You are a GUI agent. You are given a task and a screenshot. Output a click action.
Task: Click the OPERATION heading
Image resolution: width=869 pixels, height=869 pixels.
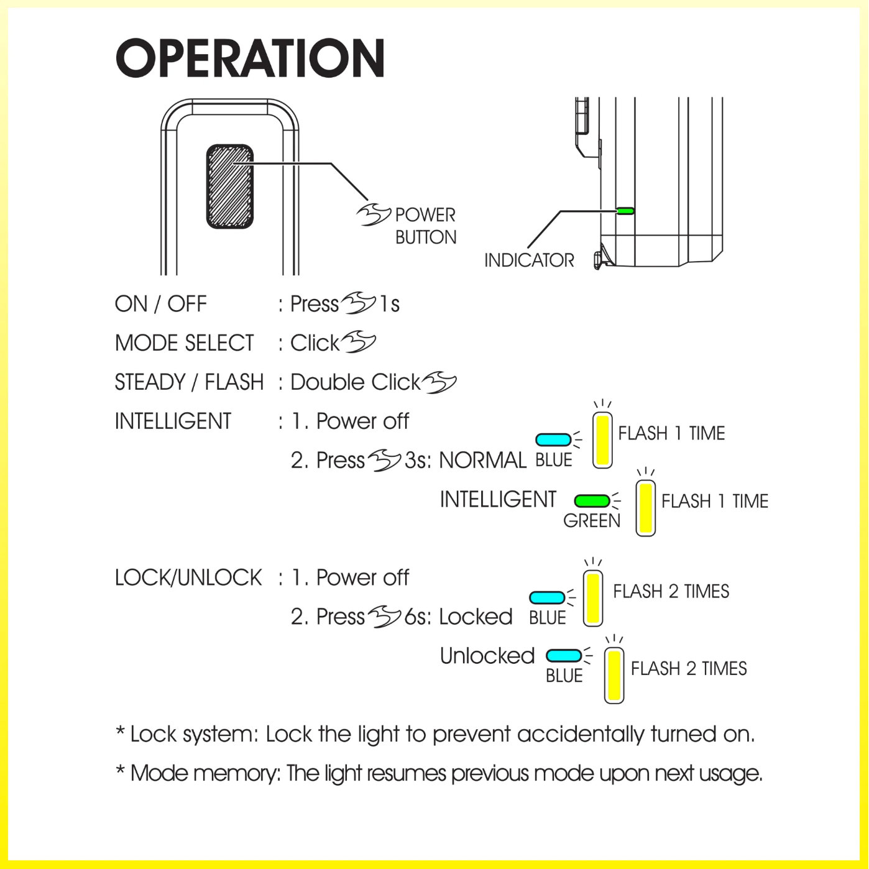click(x=250, y=58)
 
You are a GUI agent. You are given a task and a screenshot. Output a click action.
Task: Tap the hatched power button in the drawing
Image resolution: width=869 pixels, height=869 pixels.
click(x=230, y=186)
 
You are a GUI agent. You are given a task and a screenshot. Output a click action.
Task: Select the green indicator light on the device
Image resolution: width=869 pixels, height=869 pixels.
click(x=625, y=211)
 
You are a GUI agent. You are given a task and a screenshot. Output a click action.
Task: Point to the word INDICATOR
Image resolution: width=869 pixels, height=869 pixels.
click(x=529, y=260)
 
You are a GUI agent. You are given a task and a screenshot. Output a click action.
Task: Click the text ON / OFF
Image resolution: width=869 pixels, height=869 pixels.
click(x=160, y=304)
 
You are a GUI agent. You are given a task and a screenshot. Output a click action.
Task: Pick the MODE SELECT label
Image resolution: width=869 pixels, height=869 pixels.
click(x=185, y=343)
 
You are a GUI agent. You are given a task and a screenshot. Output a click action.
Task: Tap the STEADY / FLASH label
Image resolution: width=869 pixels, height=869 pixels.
click(x=189, y=382)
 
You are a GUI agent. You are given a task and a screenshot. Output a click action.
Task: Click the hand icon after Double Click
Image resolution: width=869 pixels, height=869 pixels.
click(x=439, y=382)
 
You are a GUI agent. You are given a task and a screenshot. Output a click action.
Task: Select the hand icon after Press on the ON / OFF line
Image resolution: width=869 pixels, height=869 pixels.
click(x=359, y=303)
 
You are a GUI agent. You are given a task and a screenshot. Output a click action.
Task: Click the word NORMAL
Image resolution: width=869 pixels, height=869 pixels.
click(x=482, y=461)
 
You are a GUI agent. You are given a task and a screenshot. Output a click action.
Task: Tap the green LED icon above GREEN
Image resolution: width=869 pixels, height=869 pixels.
click(x=592, y=501)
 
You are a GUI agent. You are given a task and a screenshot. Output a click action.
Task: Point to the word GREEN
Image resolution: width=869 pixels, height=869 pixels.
click(x=592, y=521)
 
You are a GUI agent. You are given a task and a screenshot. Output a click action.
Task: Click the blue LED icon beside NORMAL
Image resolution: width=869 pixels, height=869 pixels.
click(x=553, y=440)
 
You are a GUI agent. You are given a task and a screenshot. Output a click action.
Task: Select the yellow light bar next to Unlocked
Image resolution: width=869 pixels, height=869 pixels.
click(x=614, y=675)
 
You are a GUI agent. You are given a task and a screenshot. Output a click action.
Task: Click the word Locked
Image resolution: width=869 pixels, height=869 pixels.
click(x=476, y=617)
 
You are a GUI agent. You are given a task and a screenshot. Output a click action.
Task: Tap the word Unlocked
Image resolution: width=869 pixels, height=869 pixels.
click(x=487, y=656)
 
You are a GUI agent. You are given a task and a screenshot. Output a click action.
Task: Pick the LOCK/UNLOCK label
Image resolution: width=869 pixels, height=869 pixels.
click(x=188, y=577)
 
